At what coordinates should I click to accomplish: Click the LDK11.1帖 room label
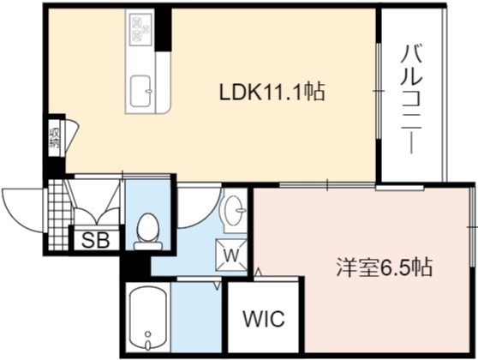coord(272,92)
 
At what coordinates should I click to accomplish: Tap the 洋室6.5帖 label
coord(385,267)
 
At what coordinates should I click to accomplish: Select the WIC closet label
coord(264,319)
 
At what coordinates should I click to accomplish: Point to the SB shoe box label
coord(95,240)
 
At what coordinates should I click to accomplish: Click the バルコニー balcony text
coord(411,99)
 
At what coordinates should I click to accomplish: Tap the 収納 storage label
coord(54,138)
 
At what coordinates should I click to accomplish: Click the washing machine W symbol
coord(231,255)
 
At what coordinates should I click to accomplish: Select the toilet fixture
coord(148,232)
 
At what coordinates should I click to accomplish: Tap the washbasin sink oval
coord(235,211)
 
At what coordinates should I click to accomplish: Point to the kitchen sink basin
coord(140,92)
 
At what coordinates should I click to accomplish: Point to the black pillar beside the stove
coord(164,30)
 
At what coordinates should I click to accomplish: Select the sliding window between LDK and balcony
coord(379,91)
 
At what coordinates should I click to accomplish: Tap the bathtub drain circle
coord(148,333)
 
